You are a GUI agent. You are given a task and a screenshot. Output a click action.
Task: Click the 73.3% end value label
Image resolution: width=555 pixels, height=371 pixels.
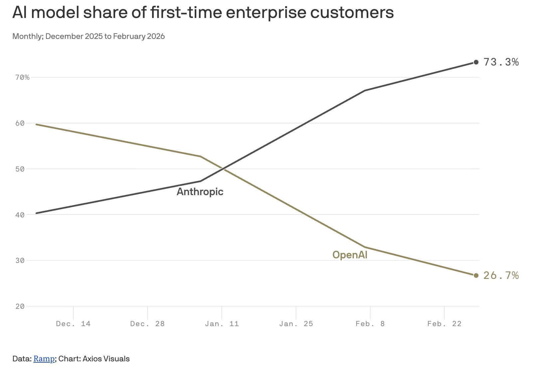click(x=501, y=62)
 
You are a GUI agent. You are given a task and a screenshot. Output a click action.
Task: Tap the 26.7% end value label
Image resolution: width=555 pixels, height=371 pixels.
click(x=501, y=276)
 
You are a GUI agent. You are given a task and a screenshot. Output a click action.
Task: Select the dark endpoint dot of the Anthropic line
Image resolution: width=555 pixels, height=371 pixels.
click(x=476, y=62)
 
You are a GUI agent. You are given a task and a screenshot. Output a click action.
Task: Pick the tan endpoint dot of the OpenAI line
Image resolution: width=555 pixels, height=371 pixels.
click(x=476, y=276)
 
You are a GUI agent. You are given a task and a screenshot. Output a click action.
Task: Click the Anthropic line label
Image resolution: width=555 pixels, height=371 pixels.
click(x=200, y=192)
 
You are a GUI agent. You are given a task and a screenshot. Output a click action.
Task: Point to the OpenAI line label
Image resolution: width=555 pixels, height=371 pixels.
click(x=350, y=255)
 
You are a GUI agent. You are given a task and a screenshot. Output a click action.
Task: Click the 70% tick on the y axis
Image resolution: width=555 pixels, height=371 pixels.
click(x=22, y=77)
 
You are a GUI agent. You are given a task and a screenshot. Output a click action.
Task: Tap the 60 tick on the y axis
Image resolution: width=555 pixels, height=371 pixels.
click(x=20, y=123)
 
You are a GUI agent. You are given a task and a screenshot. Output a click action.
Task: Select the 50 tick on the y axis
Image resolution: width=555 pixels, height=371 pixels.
click(x=20, y=169)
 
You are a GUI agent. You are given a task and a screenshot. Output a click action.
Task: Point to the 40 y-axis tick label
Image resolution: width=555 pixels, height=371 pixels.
click(x=20, y=215)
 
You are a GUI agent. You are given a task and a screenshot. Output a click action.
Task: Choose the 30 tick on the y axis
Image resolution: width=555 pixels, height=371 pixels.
click(x=20, y=261)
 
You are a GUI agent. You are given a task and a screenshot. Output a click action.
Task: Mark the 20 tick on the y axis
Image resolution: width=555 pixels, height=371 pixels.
click(x=20, y=307)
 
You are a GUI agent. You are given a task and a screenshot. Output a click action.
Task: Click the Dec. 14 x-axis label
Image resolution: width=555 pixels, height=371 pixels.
click(x=73, y=324)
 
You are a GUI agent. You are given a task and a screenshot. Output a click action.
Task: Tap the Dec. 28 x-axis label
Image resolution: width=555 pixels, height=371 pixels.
click(x=147, y=324)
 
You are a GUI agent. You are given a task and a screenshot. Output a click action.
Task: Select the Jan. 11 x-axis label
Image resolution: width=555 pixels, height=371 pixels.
click(x=222, y=324)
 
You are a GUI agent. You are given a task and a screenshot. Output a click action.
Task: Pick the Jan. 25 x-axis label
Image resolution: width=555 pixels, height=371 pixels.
click(x=296, y=324)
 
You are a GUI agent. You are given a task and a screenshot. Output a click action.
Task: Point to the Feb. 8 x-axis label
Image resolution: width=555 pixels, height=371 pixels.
click(x=370, y=324)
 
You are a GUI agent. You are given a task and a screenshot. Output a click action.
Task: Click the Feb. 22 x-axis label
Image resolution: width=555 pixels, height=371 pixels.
click(x=445, y=324)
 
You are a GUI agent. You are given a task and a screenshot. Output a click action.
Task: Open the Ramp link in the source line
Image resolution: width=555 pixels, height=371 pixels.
click(x=44, y=359)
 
